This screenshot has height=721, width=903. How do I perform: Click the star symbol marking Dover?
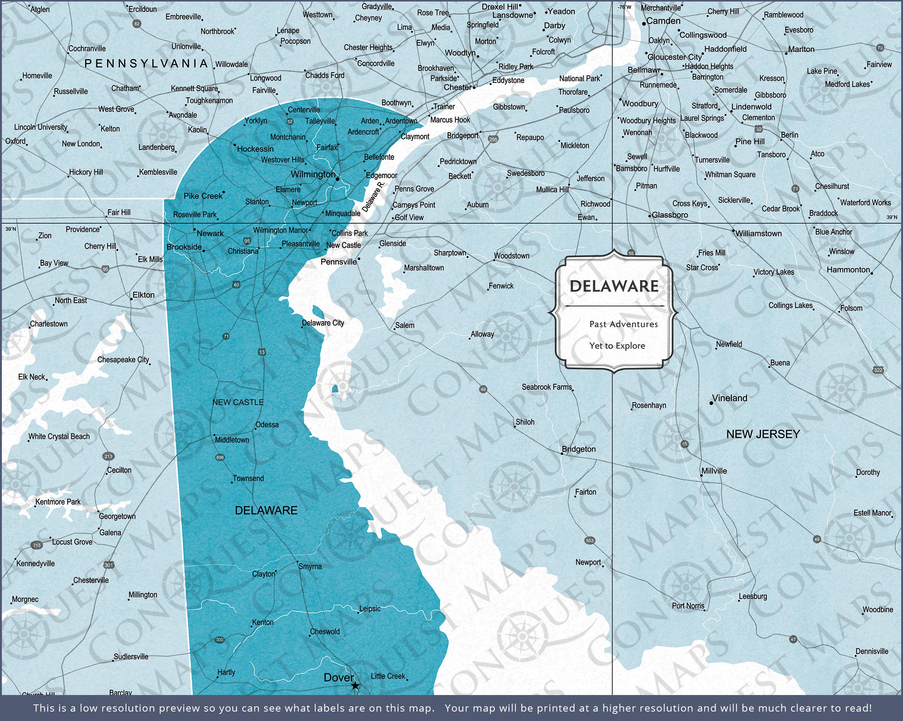tap(355, 686)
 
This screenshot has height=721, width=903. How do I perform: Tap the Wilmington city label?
tap(313, 174)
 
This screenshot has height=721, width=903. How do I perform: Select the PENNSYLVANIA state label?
tap(146, 64)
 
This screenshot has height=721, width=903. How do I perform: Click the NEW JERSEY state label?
tap(763, 434)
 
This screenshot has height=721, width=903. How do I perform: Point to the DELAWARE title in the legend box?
tap(614, 286)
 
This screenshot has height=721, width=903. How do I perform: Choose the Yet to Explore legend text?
tap(617, 346)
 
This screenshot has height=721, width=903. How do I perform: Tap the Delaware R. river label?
tap(372, 197)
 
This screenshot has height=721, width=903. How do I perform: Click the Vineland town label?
tap(729, 398)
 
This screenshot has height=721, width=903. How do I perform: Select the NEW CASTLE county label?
tap(238, 402)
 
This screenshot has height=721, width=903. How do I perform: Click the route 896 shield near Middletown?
tap(220, 457)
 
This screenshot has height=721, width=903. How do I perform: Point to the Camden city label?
tap(663, 21)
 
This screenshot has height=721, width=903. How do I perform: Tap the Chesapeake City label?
tap(123, 360)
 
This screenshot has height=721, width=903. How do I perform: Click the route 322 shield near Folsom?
tap(878, 370)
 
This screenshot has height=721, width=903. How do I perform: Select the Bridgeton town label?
tap(578, 450)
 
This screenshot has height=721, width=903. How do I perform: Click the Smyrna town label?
tap(310, 566)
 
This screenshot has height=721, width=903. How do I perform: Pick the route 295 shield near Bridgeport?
tap(493, 139)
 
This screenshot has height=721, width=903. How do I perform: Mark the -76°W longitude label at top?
tap(624, 7)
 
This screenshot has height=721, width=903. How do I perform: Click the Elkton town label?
tap(143, 295)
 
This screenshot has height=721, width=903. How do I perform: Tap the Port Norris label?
tap(688, 606)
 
